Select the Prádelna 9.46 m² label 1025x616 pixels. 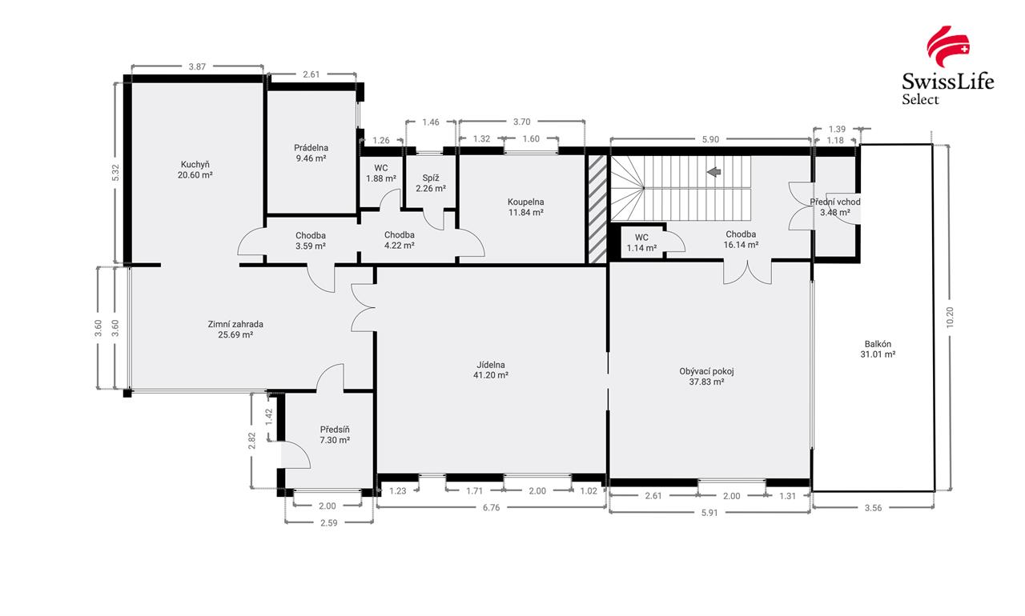[x=312, y=153]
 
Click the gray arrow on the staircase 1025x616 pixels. [x=713, y=172]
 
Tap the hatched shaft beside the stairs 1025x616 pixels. [x=597, y=210]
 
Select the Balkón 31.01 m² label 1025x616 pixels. [x=878, y=349]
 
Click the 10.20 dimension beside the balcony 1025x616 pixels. [x=950, y=317]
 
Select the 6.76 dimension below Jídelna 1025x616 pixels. [x=491, y=507]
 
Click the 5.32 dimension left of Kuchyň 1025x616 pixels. [x=115, y=172]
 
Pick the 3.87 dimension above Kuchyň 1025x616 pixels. [x=197, y=66]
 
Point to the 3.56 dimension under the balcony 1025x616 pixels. [x=873, y=508]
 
